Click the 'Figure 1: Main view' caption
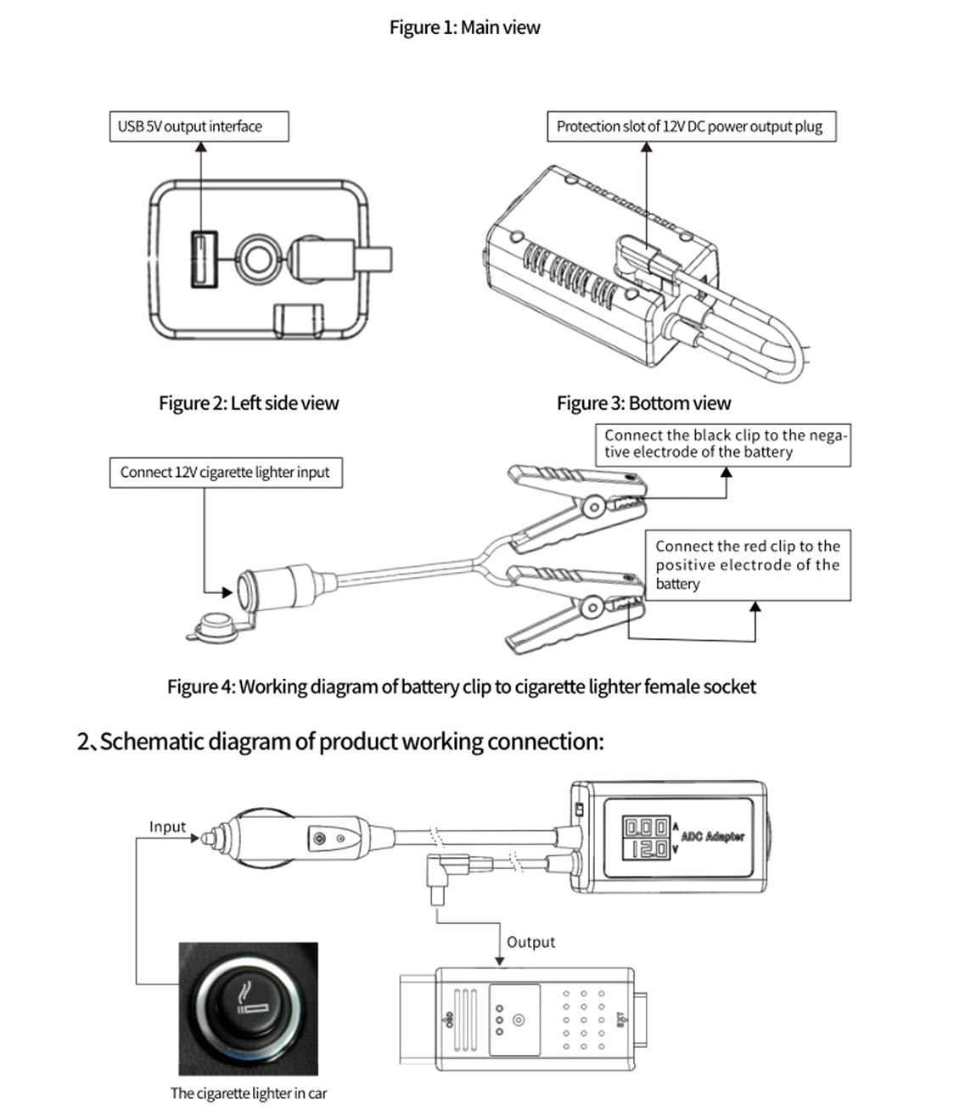pyautogui.click(x=464, y=27)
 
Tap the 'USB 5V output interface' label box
pyautogui.click(x=199, y=126)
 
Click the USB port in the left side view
pyautogui.click(x=204, y=258)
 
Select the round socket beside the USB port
pyautogui.click(x=255, y=258)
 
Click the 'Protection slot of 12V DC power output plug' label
pyautogui.click(x=690, y=126)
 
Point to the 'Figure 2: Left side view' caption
pyautogui.click(x=249, y=403)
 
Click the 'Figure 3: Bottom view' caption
pyautogui.click(x=643, y=403)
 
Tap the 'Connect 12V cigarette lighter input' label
pyautogui.click(x=225, y=473)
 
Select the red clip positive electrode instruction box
pyautogui.click(x=747, y=565)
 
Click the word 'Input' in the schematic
pyautogui.click(x=167, y=827)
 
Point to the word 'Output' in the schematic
pyautogui.click(x=530, y=942)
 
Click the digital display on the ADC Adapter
pyautogui.click(x=647, y=838)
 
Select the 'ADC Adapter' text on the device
pyautogui.click(x=712, y=837)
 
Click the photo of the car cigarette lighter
pyautogui.click(x=248, y=1008)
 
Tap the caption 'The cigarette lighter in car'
pyautogui.click(x=248, y=1094)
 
